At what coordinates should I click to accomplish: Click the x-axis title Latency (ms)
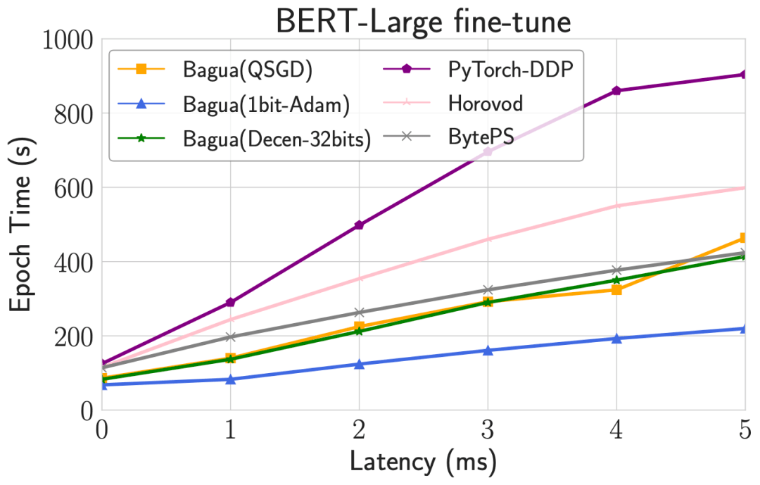[x=423, y=462]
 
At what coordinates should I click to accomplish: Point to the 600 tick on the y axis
[x=76, y=188]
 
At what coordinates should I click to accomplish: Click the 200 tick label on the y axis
[x=76, y=336]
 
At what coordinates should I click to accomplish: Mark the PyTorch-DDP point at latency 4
[x=616, y=91]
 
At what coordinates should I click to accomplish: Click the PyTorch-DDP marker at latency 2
[x=359, y=225]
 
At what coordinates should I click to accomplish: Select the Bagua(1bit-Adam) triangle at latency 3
[x=488, y=351]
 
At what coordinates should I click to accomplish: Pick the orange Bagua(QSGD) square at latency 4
[x=616, y=289]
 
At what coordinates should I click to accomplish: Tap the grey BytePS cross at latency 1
[x=230, y=337]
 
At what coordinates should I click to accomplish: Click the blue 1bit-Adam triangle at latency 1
[x=230, y=379]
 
